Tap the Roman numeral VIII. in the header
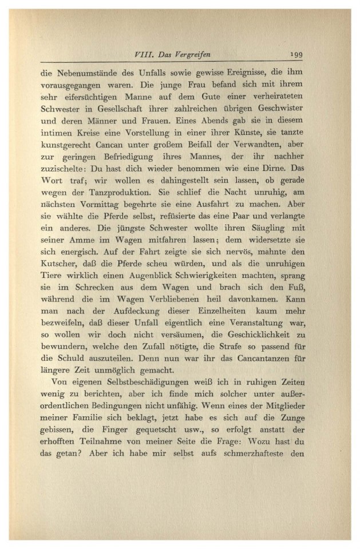coord(141,55)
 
